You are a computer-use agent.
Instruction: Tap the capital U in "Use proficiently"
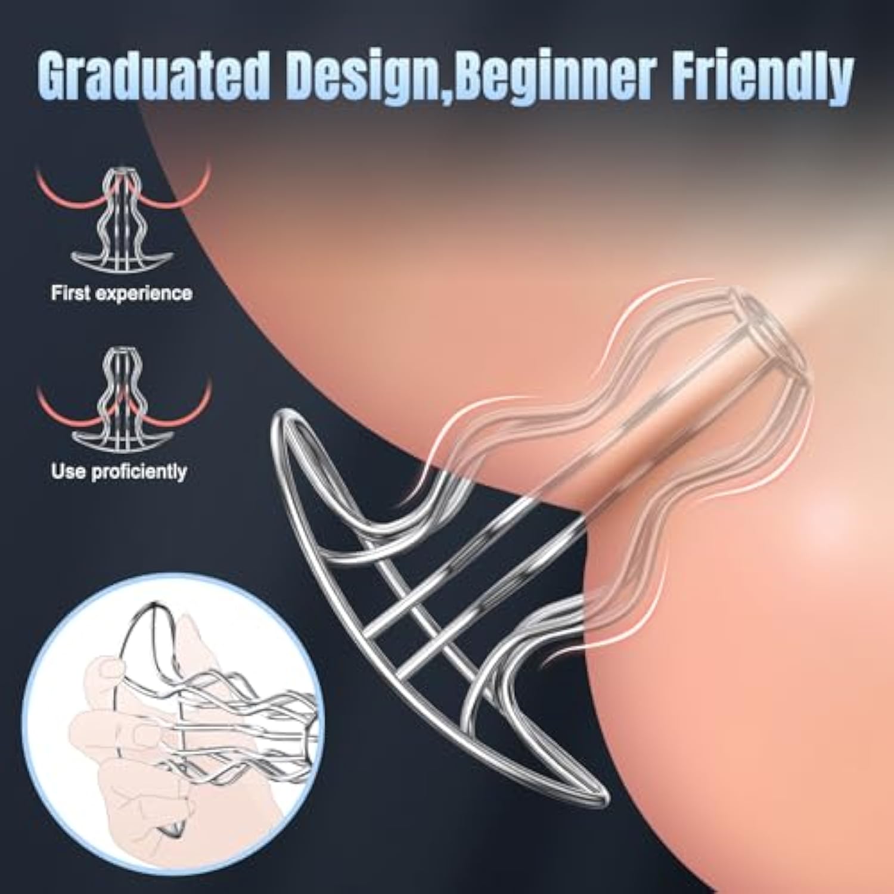coord(59,471)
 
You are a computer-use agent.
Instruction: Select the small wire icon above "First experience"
coord(122,221)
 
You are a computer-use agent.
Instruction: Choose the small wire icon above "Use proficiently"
coord(122,398)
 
